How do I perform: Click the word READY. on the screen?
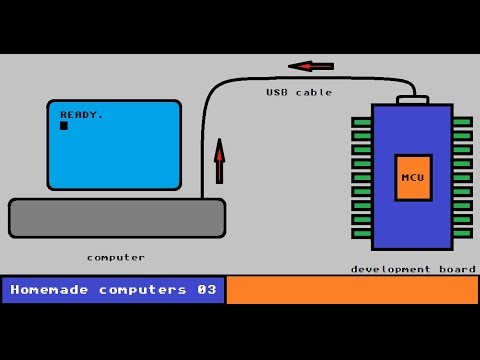[x=81, y=114]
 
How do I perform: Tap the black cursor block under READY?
[x=64, y=125]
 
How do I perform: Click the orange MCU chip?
[x=411, y=178]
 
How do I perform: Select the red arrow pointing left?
[x=311, y=66]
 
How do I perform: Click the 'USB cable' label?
[x=299, y=92]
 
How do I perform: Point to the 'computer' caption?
[x=116, y=257]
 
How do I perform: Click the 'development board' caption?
[x=405, y=269]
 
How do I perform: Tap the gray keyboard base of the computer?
[x=117, y=218]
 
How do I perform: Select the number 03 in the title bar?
[x=207, y=290]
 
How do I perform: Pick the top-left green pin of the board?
[x=361, y=122]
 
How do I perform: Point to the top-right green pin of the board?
[x=462, y=122]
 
